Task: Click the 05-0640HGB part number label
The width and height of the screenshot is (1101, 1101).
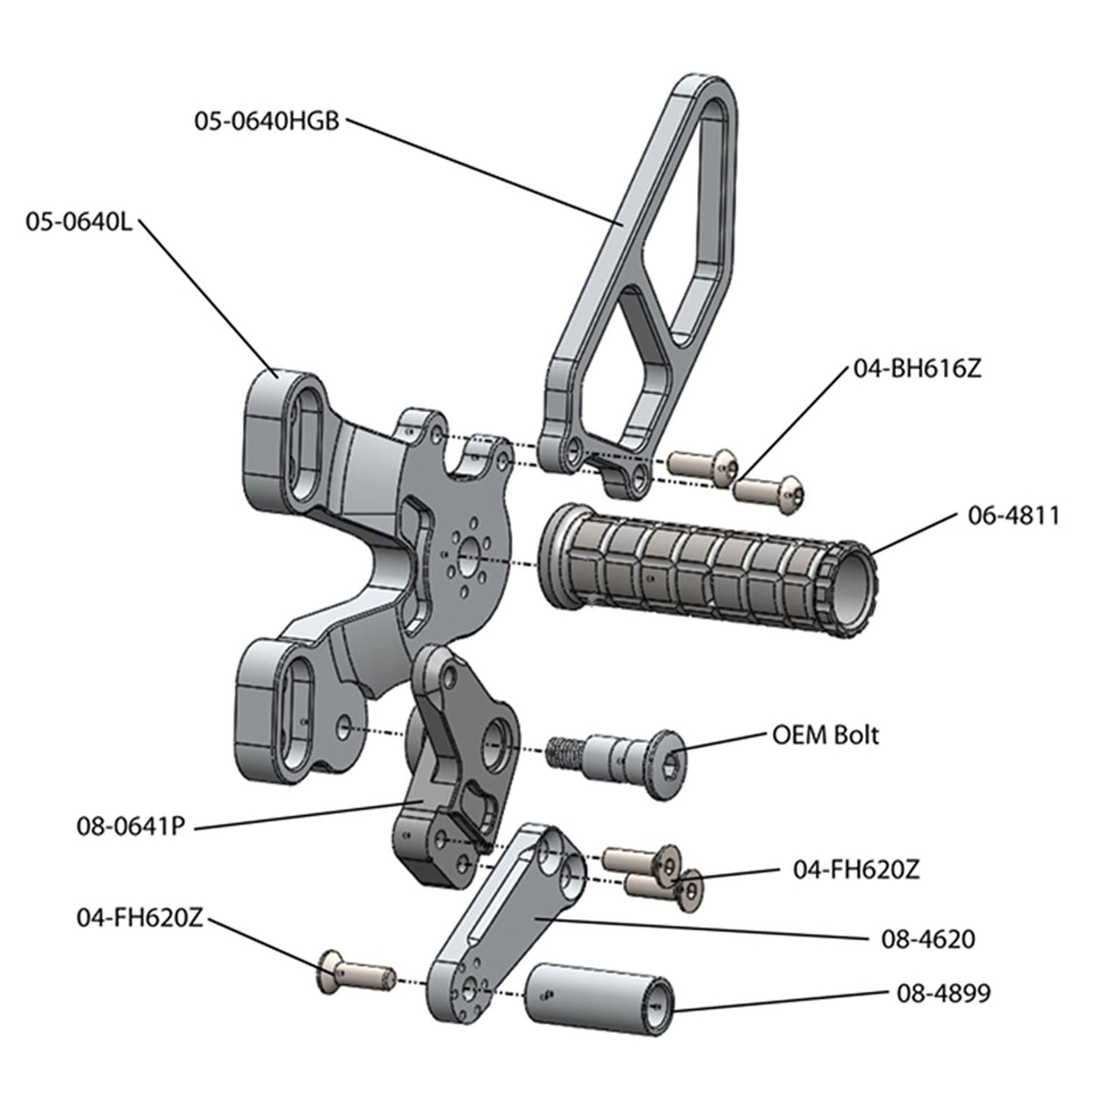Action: [265, 121]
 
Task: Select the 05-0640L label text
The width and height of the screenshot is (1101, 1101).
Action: [78, 223]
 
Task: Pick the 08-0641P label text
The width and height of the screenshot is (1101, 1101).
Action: [130, 826]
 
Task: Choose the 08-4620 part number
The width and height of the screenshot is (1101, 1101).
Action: [927, 939]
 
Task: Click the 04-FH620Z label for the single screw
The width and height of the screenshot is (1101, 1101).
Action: [139, 917]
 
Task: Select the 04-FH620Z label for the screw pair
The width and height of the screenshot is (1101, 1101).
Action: [856, 869]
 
